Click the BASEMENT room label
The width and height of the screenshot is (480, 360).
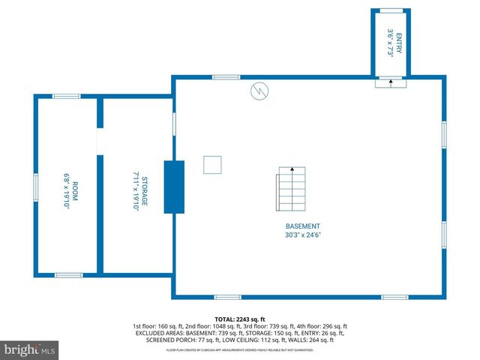click(303, 226)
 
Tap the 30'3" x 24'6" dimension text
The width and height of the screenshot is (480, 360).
click(303, 235)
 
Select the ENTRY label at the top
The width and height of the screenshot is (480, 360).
click(399, 40)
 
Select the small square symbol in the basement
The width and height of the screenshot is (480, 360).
click(213, 164)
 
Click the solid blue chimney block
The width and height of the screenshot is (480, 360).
click(174, 186)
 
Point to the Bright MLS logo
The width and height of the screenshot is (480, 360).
click(30, 349)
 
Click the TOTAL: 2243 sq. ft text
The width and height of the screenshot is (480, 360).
click(240, 319)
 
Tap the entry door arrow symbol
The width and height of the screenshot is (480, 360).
click(390, 82)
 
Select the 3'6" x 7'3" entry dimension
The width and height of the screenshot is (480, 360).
click(390, 40)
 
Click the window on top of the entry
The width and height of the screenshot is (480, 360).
click(390, 10)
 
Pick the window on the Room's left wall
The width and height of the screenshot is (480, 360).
click(34, 186)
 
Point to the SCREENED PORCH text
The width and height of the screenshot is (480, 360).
click(170, 341)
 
